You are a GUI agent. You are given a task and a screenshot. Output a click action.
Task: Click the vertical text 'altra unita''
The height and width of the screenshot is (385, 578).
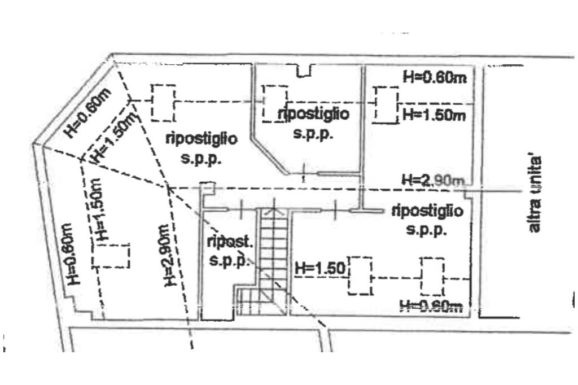(535, 194)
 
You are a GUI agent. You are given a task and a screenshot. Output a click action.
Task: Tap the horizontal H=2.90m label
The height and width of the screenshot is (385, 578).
(432, 180)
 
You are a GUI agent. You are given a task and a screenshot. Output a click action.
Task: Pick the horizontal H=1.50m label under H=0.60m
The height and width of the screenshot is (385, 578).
(433, 115)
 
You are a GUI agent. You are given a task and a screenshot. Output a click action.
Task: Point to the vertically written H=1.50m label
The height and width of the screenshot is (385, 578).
(97, 211)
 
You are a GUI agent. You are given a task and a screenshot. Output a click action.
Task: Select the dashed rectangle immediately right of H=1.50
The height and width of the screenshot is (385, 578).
(360, 275)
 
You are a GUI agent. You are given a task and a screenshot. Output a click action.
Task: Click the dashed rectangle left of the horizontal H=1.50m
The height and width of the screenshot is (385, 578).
(387, 105)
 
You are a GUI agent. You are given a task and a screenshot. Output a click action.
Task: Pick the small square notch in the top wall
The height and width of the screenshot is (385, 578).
(304, 71)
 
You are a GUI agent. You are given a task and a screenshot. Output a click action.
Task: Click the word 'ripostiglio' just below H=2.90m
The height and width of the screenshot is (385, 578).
(427, 211)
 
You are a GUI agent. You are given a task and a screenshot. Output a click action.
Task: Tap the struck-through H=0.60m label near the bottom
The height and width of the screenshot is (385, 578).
(431, 307)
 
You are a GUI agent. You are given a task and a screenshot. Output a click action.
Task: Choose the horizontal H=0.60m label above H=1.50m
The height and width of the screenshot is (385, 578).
(435, 77)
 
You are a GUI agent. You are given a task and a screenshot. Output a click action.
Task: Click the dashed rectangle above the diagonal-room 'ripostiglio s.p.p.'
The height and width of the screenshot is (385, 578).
(163, 103)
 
